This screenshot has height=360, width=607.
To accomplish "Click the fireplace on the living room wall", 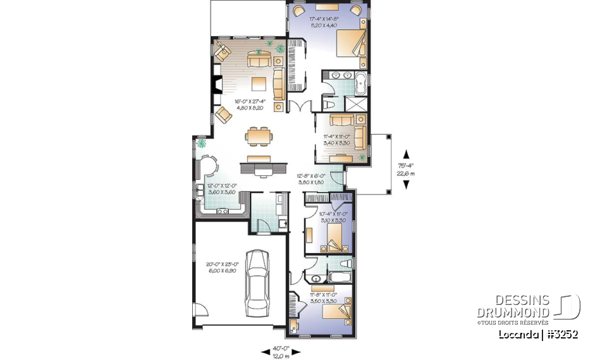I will tap(217, 85).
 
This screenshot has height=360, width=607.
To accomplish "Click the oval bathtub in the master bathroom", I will tap(360, 81).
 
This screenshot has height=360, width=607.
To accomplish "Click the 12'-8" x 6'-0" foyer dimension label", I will tap(311, 179).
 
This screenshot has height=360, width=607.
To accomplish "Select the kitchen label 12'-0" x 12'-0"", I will tap(221, 189).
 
